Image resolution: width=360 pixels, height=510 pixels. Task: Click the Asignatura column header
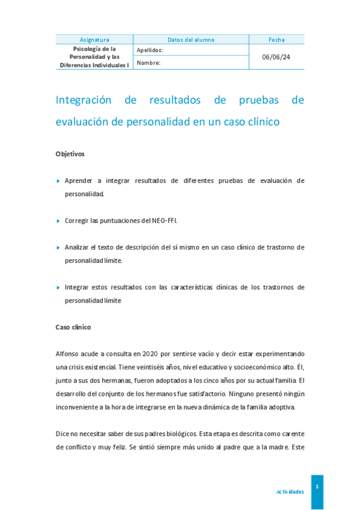click(x=94, y=40)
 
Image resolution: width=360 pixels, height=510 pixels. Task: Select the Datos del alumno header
click(x=191, y=40)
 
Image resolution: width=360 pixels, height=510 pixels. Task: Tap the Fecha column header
click(x=276, y=40)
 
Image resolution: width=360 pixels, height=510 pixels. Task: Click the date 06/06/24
click(x=276, y=57)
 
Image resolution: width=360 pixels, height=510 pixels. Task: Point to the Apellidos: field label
click(x=150, y=51)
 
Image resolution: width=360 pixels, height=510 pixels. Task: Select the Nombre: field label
click(x=148, y=63)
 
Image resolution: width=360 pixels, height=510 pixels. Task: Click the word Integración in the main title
click(x=84, y=100)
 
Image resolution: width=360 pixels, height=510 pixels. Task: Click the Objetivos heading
click(x=70, y=153)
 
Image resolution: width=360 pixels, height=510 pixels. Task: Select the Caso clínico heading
click(x=73, y=327)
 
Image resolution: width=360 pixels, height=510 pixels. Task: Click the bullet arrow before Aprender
click(x=58, y=180)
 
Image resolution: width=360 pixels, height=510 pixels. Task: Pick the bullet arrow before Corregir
click(x=58, y=221)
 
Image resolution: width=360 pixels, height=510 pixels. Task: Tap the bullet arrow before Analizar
click(x=58, y=247)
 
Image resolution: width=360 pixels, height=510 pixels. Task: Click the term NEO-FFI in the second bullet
click(x=164, y=221)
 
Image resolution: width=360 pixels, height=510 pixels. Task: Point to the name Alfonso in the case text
click(x=68, y=354)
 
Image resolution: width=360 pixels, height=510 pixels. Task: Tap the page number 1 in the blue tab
click(x=317, y=486)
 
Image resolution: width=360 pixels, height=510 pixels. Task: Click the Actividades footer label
click(x=290, y=492)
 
